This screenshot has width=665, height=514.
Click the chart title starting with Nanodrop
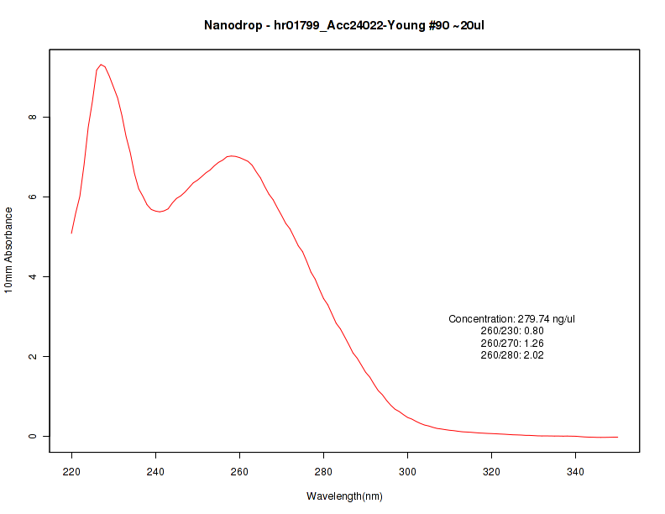click(x=344, y=25)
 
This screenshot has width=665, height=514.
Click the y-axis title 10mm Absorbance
click(x=9, y=249)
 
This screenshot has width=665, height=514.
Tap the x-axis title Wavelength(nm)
click(x=344, y=496)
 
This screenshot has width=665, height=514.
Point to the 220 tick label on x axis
click(x=72, y=472)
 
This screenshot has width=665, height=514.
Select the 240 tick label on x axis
click(x=156, y=472)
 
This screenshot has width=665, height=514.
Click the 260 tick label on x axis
click(x=240, y=472)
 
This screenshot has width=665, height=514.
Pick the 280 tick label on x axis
click(x=324, y=472)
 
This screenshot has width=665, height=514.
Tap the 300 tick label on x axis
click(x=408, y=472)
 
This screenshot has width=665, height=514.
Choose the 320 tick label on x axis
click(x=492, y=472)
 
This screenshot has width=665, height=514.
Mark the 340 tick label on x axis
click(x=576, y=472)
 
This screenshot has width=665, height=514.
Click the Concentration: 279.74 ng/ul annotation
click(x=511, y=319)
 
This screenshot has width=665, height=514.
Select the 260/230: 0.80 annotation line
click(x=511, y=331)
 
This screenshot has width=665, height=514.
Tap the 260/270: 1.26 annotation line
click(x=511, y=344)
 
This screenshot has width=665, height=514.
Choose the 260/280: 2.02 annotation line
click(x=511, y=355)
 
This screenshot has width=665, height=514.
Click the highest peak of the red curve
click(x=101, y=65)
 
